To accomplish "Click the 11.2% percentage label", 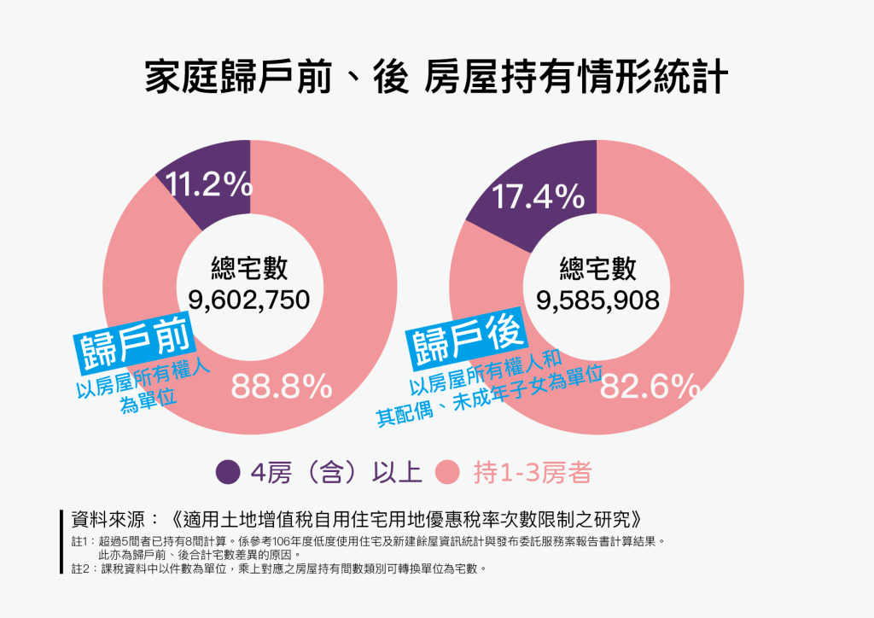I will tap(208, 184).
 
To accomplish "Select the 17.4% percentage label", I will tap(539, 198).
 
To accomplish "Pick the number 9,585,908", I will tap(597, 300).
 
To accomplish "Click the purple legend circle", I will tap(228, 472).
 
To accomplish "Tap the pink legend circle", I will tap(447, 472).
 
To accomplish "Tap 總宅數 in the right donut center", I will tap(597, 270).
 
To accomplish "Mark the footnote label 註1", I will tap(81, 541).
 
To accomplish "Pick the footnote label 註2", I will tap(81, 567).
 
